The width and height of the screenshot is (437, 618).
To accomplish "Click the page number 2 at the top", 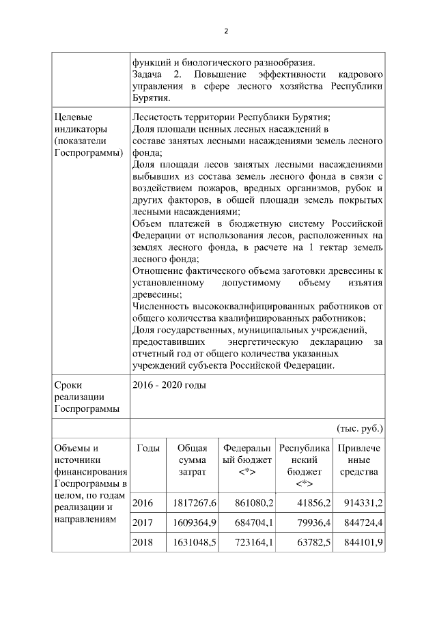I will point(225,31).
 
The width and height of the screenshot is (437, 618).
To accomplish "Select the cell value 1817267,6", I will point(193,503).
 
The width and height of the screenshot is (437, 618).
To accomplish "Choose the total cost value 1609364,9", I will point(193,523).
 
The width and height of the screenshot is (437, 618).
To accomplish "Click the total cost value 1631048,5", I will point(193,543).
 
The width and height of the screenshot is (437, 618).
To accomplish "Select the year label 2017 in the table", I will point(143,523).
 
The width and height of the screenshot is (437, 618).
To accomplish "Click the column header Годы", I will point(148,448).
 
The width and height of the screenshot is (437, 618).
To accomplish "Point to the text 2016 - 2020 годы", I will point(169,385).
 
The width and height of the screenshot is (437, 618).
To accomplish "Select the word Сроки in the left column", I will point(69,385).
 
